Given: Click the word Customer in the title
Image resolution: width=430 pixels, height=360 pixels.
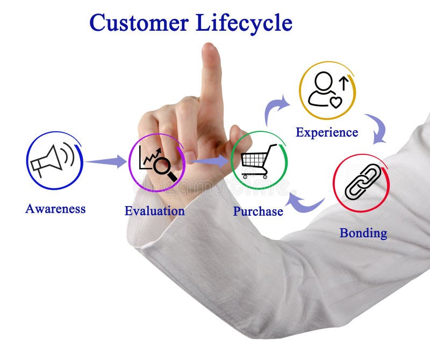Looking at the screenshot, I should tap(139, 23).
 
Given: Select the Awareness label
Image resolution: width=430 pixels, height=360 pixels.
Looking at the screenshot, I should tap(55, 209).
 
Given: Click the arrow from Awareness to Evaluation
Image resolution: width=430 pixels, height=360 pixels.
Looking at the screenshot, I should tap(105, 161).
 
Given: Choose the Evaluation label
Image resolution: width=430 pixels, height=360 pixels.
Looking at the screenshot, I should tap(154, 211).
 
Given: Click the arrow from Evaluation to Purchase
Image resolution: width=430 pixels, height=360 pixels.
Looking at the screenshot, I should tap(210, 160).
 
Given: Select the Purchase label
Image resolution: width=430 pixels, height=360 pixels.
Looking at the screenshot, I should tap(257, 211).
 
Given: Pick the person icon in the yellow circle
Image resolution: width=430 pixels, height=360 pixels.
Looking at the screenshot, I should tap(322, 89).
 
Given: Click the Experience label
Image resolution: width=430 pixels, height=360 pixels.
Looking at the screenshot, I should tap(326, 132).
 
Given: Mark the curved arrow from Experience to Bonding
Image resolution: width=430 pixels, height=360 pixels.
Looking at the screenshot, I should tap(376, 128).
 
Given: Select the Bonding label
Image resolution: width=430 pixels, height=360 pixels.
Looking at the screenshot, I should tap(363, 233).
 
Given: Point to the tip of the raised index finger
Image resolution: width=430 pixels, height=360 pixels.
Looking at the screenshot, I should tap(210, 48).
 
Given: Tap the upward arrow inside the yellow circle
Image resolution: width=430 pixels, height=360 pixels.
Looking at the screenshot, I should tap(343, 82).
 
